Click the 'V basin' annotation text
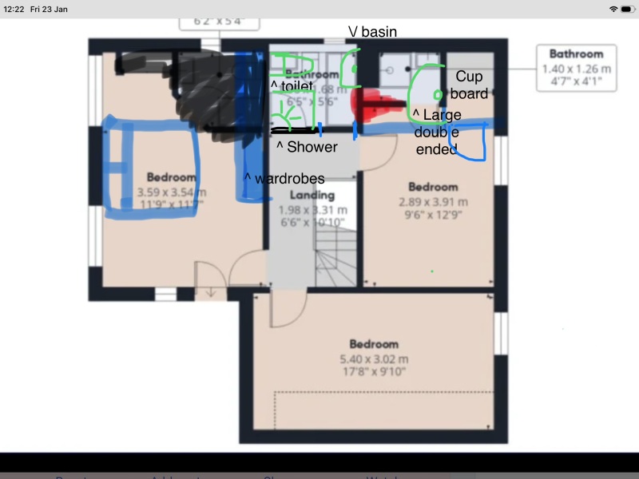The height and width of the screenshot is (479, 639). tap(372, 32)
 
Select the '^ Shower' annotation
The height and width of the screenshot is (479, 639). tap(307, 147)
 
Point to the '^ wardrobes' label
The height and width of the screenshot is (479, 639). tap(284, 179)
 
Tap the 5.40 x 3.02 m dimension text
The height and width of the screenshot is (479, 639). tap(373, 359)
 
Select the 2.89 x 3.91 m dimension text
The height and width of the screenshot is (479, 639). tap(433, 202)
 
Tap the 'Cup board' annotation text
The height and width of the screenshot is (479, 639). tap(470, 85)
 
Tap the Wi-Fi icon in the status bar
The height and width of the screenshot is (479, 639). tap(613, 8)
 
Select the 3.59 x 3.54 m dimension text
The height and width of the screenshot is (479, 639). tap(172, 192)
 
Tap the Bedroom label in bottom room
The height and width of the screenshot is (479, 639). tap(373, 344)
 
